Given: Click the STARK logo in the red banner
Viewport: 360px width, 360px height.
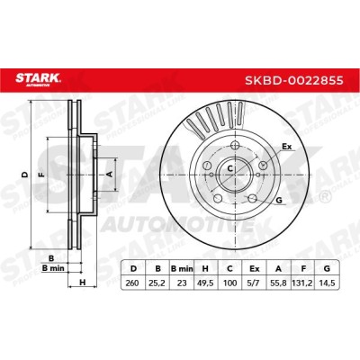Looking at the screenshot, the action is (x=38, y=79).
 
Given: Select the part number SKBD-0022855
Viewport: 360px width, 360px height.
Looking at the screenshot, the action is (x=294, y=80).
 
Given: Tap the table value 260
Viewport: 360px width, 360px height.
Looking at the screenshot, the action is (x=132, y=283).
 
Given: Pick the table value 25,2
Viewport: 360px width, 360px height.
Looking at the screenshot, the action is (x=157, y=283).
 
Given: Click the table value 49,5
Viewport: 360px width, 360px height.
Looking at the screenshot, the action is (x=205, y=283).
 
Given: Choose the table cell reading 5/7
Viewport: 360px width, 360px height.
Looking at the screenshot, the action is (x=254, y=283).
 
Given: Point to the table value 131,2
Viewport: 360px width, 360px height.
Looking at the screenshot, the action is (x=303, y=283).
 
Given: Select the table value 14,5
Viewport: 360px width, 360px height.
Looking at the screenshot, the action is (x=327, y=283).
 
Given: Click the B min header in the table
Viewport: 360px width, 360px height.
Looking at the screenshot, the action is (x=182, y=269).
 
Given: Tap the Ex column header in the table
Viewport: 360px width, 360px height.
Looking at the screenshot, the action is (x=255, y=269).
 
